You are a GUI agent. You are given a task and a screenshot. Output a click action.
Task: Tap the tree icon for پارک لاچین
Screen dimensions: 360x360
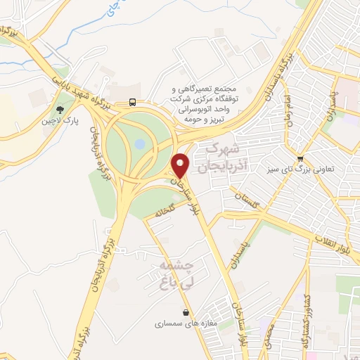tap(60, 110)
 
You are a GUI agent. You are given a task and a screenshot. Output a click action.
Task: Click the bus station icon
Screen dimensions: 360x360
tap(132, 103)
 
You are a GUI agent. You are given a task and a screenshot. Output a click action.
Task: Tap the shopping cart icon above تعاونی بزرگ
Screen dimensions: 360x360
tap(301, 158)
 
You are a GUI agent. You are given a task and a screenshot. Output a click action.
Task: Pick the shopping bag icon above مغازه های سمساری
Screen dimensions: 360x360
tap(185, 313)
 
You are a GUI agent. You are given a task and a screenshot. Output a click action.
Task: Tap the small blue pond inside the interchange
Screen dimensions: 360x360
tap(139, 143)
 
